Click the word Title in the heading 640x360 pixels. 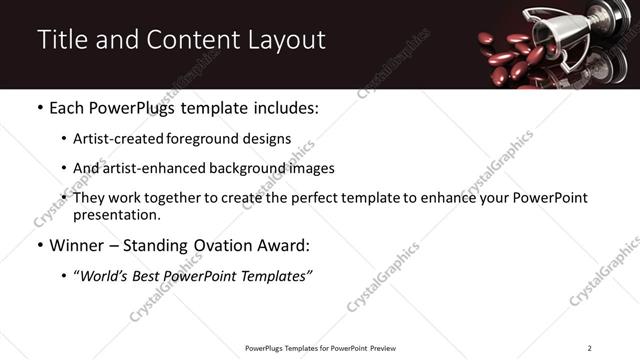click(x=61, y=40)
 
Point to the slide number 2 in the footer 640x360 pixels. click(x=589, y=348)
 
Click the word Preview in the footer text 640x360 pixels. click(x=379, y=348)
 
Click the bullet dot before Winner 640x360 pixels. click(x=39, y=244)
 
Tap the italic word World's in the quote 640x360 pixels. click(x=108, y=275)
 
